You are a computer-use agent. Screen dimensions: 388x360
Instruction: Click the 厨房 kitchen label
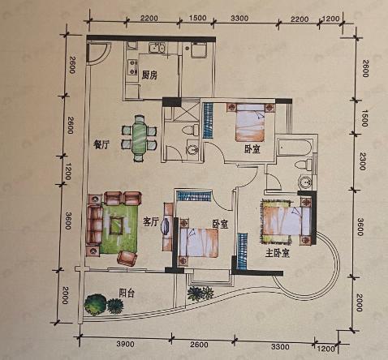[149, 75]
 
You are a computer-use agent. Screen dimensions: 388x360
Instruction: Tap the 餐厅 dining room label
[101, 145]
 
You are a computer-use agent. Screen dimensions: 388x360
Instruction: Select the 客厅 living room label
[150, 222]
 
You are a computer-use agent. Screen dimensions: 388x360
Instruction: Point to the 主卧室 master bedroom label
[278, 253]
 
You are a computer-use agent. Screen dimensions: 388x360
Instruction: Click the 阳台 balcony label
[127, 294]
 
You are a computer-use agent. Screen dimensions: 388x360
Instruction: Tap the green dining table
[139, 139]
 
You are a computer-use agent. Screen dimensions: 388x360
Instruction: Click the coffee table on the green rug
[117, 225]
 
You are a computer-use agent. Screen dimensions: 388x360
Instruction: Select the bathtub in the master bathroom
[295, 148]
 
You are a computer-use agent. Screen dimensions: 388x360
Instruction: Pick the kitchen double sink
[157, 48]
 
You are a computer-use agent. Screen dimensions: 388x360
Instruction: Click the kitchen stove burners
[132, 67]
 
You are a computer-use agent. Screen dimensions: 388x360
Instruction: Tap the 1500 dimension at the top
[197, 18]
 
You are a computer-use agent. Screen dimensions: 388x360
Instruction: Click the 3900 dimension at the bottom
[125, 344]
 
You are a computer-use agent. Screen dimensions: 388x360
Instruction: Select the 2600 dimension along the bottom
[199, 345]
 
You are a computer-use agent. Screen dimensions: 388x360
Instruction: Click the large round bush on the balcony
[95, 305]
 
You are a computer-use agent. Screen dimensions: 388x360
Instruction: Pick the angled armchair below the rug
[127, 258]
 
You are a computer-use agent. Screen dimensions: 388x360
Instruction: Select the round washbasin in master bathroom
[305, 182]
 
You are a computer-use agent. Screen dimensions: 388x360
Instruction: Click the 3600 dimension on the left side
[68, 221]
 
